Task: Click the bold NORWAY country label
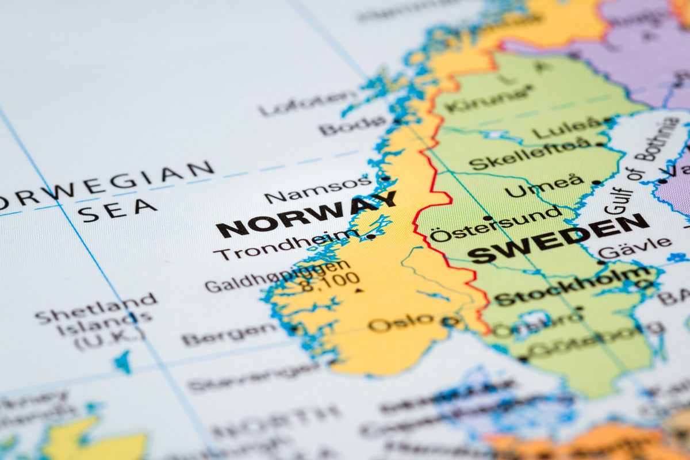[x=306, y=214]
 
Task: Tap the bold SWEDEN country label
[x=558, y=239]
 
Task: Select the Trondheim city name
[x=286, y=244]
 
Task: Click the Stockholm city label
[x=572, y=286]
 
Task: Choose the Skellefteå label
[x=529, y=154]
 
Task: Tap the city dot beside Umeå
[x=596, y=182]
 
